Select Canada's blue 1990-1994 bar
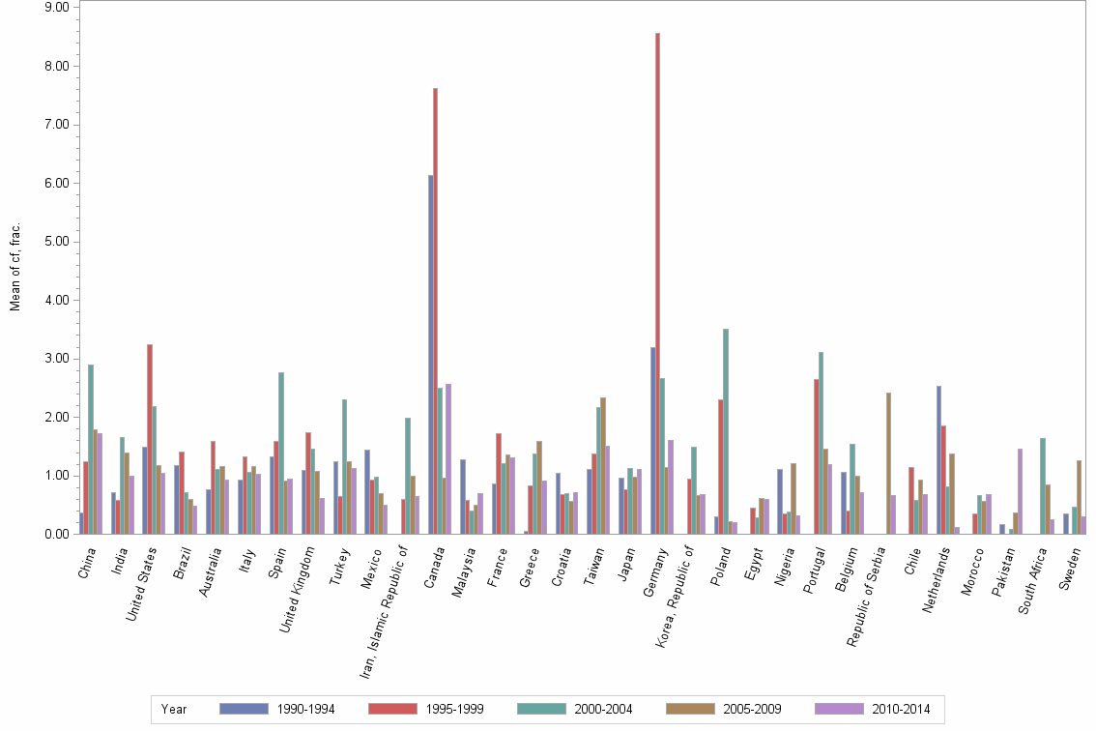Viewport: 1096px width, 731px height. (431, 358)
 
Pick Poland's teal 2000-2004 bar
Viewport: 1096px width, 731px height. (726, 435)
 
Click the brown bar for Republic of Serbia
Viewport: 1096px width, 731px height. (888, 464)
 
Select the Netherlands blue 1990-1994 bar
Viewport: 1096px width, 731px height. (938, 464)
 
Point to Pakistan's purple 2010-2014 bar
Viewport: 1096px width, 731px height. (1020, 493)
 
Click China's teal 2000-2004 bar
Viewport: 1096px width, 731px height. (91, 454)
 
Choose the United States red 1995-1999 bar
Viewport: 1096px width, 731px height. (150, 445)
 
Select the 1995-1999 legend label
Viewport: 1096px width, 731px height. (453, 710)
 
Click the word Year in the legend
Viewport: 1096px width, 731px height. (174, 710)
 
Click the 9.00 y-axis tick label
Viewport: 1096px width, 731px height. (55, 8)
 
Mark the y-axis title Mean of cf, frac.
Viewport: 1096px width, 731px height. (14, 267)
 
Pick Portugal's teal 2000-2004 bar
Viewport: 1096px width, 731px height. (822, 445)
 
